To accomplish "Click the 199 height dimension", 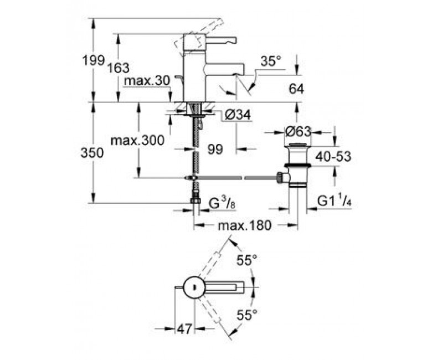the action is click(94, 60).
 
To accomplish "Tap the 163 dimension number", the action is click(118, 68).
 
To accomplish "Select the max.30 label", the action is click(146, 81).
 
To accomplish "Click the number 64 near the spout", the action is click(296, 89).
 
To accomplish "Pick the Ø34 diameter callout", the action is click(238, 115).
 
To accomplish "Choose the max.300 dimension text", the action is click(137, 141).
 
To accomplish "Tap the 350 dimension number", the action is click(92, 153).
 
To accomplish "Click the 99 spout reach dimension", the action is click(215, 150).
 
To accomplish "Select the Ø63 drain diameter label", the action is click(298, 132).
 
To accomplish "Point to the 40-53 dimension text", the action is click(333, 157).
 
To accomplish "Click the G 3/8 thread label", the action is click(222, 204).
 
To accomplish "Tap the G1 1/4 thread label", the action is click(335, 202).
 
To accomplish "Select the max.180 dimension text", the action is click(245, 226).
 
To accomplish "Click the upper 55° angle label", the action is click(247, 260).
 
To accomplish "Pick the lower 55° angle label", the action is click(247, 315).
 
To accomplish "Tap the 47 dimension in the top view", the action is click(184, 328).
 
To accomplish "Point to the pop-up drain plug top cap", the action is click(298, 145).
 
